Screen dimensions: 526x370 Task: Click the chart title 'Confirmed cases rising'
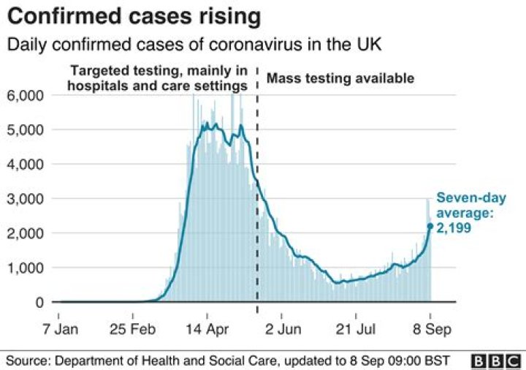[x=134, y=17]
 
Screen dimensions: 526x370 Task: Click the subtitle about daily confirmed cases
[x=194, y=45]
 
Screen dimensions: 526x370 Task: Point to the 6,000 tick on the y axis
[x=26, y=95]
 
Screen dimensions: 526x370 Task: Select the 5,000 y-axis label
[x=26, y=130]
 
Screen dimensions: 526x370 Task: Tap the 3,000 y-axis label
[x=26, y=199]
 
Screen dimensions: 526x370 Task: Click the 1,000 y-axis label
[x=26, y=268]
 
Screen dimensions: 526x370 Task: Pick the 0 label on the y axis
[x=39, y=302]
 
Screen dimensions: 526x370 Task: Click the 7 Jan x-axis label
[x=61, y=329]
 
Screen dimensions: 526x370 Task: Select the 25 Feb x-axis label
[x=133, y=329]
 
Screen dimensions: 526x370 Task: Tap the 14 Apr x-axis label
[x=207, y=329]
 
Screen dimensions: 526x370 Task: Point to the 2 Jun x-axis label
[x=283, y=329]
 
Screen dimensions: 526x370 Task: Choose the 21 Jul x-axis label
[x=356, y=329]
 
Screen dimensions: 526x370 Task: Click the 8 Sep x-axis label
[x=432, y=329]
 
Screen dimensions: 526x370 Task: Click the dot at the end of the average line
[x=430, y=226]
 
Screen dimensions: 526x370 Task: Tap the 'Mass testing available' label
[x=340, y=78]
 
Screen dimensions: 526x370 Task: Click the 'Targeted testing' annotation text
[x=157, y=78]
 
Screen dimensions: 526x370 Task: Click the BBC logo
[x=496, y=361]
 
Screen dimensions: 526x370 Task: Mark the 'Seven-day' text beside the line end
[x=471, y=197]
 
